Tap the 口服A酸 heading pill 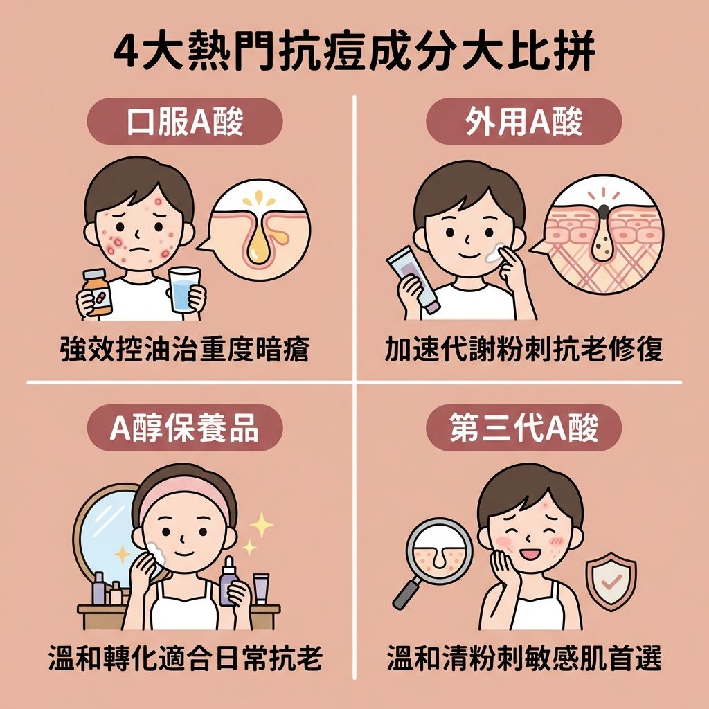pos(185,121)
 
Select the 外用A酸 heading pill pos(524,121)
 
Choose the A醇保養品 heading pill pos(185,428)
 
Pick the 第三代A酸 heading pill pos(524,428)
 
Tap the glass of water pos(184,289)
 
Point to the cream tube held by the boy pos(413,279)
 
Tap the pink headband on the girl pos(184,493)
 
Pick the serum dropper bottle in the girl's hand pos(228,581)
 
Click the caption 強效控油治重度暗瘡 pos(185,350)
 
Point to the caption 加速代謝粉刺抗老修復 pos(524,350)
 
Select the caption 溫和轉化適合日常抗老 pos(185,658)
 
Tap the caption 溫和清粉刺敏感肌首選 pos(524,658)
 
